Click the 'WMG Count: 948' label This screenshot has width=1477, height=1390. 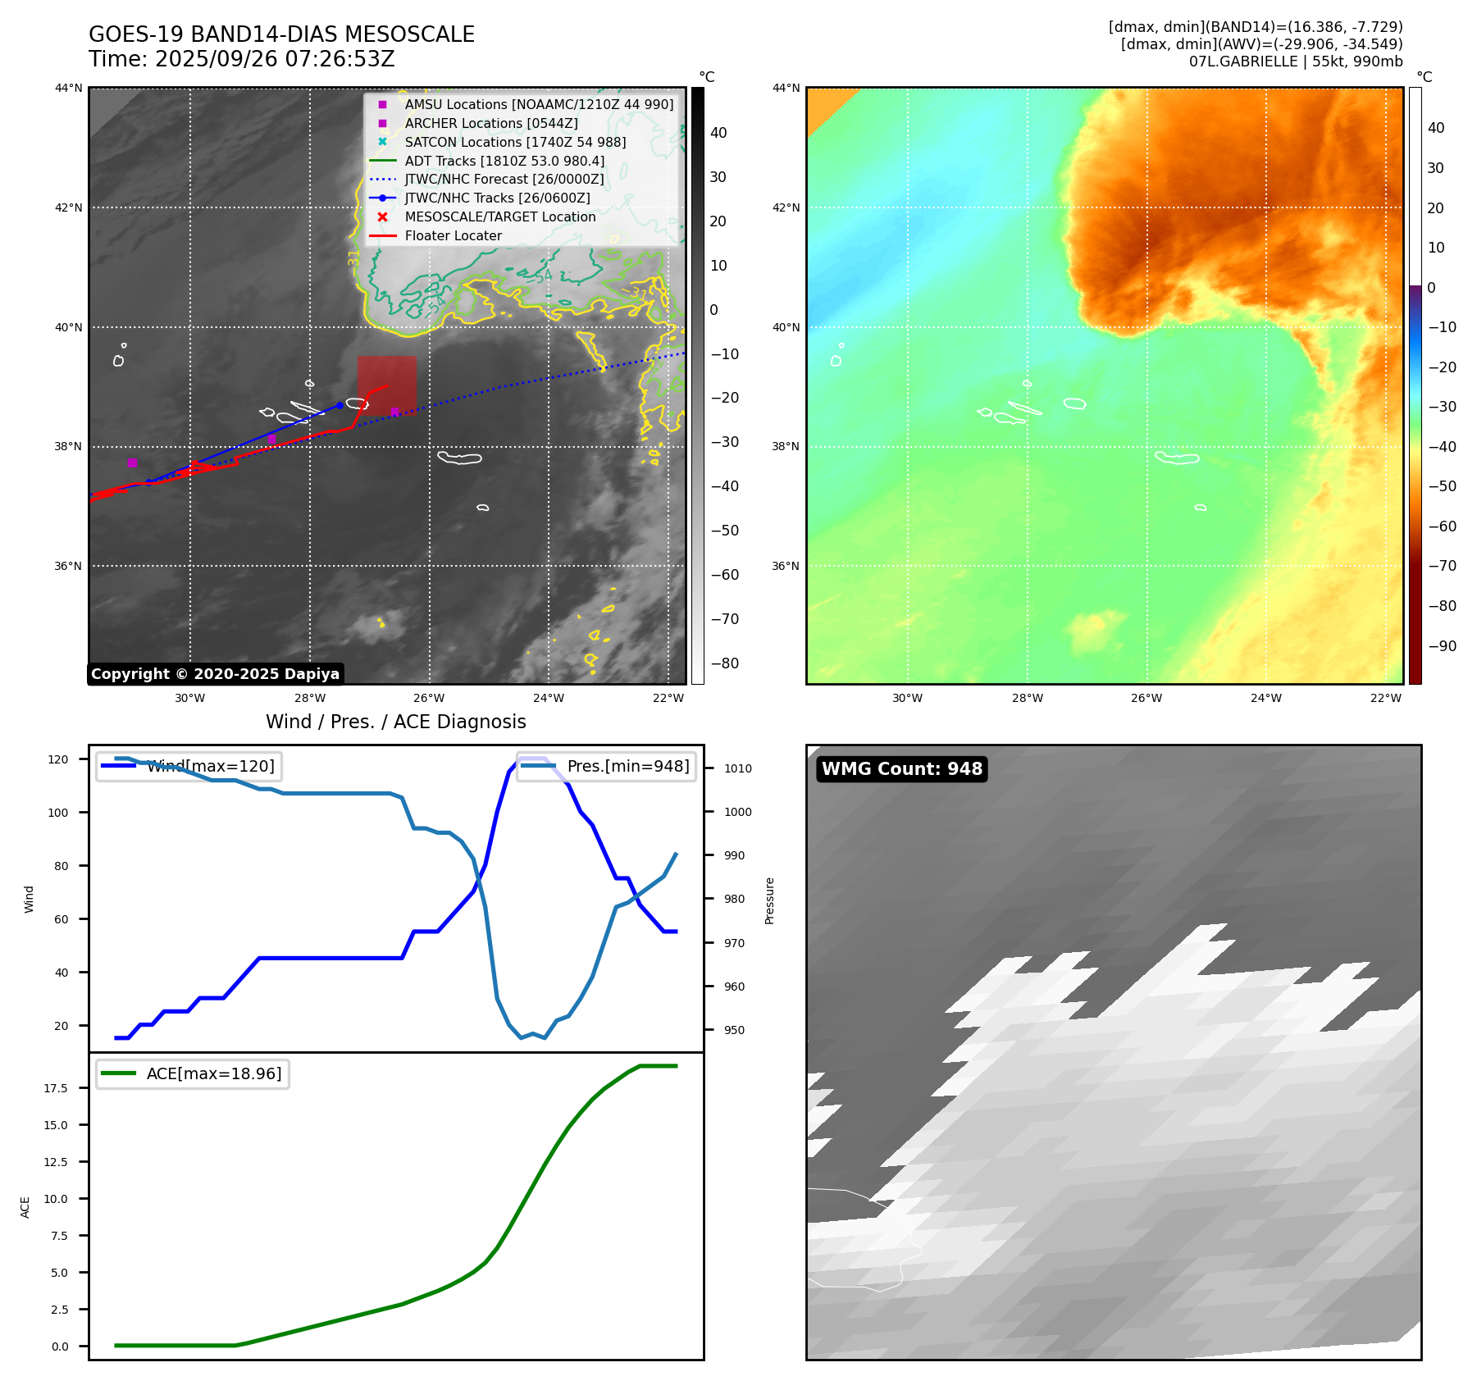tap(901, 769)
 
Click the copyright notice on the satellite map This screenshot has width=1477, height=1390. tap(215, 674)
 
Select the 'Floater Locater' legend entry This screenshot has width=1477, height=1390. tap(453, 236)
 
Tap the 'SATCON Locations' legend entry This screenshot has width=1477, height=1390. tap(515, 143)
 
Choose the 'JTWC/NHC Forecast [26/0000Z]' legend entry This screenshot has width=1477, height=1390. tap(504, 180)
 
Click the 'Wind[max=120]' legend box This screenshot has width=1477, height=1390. tap(189, 767)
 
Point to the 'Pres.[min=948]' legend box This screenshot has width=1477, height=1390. tap(606, 767)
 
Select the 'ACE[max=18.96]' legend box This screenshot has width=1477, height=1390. tap(193, 1074)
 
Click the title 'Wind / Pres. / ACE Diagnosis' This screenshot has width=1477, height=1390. tap(395, 722)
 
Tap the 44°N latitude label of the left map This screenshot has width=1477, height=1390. tap(69, 89)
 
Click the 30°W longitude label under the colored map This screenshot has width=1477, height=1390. tap(907, 699)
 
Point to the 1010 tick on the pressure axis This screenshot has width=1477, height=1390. tap(737, 768)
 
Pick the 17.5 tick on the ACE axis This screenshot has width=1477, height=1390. tap(56, 1088)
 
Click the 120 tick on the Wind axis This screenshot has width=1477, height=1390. tap(58, 759)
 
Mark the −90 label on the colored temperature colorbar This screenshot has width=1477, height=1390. tap(1442, 646)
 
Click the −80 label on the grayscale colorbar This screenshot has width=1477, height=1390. tap(724, 663)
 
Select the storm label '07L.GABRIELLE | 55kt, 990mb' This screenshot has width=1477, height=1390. tap(1295, 62)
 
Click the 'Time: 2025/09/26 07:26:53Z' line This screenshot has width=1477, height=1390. tap(242, 60)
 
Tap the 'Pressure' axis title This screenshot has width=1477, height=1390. tap(769, 900)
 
